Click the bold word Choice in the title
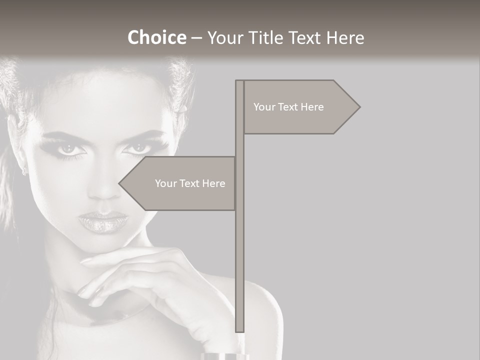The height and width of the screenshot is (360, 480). [156, 37]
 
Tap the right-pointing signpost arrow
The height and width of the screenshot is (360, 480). [300, 107]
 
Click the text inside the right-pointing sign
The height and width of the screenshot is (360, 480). [288, 107]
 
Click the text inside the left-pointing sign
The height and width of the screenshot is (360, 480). [190, 183]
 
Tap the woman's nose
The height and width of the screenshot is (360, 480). [103, 190]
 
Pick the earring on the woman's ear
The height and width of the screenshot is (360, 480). [23, 171]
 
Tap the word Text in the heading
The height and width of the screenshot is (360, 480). [306, 37]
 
